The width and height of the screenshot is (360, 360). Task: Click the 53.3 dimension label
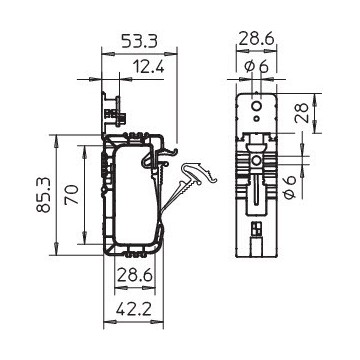[139, 41]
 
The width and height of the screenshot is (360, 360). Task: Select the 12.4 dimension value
[149, 67]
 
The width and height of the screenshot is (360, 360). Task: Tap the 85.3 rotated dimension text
[44, 195]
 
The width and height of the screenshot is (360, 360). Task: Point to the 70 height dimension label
[72, 194]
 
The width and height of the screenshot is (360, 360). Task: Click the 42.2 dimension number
[134, 310]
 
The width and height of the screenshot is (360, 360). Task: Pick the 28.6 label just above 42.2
[135, 275]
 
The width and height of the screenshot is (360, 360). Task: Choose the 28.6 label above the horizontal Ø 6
[256, 39]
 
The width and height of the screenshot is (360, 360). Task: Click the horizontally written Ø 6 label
[256, 67]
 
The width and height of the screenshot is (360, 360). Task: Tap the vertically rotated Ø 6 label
[290, 187]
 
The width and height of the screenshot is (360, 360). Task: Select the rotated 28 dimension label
[302, 113]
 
